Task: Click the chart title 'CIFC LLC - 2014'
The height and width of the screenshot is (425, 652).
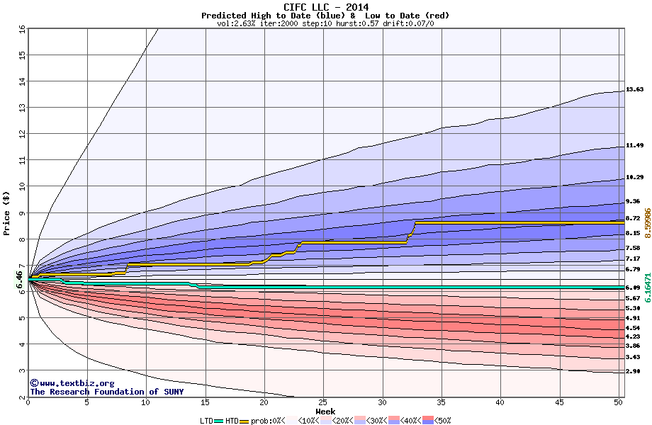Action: [325, 7]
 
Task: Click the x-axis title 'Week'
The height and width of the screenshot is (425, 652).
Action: [325, 411]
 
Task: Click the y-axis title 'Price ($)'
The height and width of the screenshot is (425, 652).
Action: [6, 212]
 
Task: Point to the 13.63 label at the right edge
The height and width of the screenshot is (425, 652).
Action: [634, 90]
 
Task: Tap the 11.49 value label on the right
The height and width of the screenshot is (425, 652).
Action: [634, 145]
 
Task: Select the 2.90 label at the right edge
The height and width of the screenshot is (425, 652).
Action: [633, 371]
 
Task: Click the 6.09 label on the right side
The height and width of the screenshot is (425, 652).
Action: [633, 288]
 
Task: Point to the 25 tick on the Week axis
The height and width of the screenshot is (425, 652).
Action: [323, 402]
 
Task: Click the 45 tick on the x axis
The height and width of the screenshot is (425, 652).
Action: [559, 402]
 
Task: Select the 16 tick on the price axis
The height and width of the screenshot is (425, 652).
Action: [22, 28]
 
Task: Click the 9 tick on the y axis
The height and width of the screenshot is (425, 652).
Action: [22, 212]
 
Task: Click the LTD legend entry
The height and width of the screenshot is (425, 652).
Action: [207, 420]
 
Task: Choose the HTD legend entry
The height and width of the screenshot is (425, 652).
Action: [232, 420]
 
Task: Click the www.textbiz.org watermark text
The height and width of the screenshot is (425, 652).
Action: [68, 383]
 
